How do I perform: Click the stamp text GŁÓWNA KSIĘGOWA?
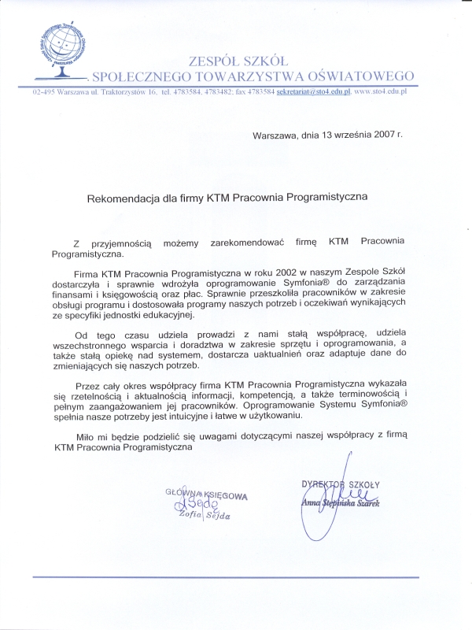click(x=206, y=496)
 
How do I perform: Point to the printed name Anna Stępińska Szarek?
click(x=340, y=502)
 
